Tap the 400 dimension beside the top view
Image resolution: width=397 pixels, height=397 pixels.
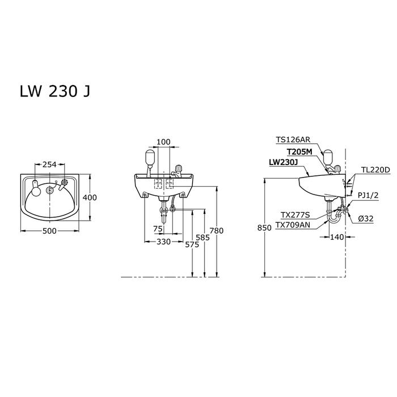(x=90, y=197)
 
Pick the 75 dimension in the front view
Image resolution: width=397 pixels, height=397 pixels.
(x=158, y=229)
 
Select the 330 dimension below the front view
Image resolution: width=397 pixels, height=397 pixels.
(x=163, y=242)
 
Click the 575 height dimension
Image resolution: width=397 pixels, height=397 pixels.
(x=192, y=244)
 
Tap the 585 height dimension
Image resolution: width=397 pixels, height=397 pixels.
(x=203, y=238)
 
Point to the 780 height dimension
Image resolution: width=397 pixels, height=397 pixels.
(x=217, y=230)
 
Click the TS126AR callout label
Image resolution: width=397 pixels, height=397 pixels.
(x=293, y=140)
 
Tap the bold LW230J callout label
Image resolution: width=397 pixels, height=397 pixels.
(x=283, y=162)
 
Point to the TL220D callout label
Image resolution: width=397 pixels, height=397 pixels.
(x=375, y=170)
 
